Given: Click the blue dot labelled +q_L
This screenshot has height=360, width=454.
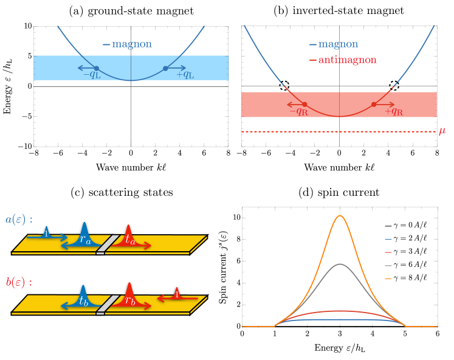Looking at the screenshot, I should coord(165,69).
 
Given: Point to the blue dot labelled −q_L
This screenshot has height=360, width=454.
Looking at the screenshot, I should coord(97,69).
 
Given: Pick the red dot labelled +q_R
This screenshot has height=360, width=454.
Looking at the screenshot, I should coord(374,105).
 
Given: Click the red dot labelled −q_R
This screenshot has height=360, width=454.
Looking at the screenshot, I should coord(305,105).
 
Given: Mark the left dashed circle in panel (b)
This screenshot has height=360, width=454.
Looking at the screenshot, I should coord(284,86).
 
